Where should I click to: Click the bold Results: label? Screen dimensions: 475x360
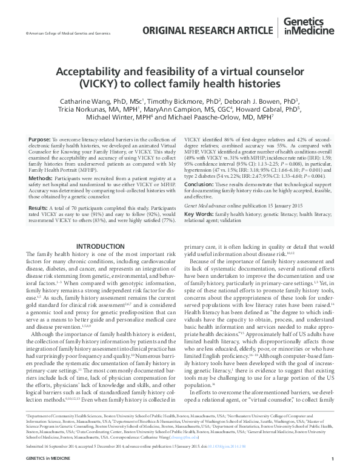[x=38, y=208]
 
